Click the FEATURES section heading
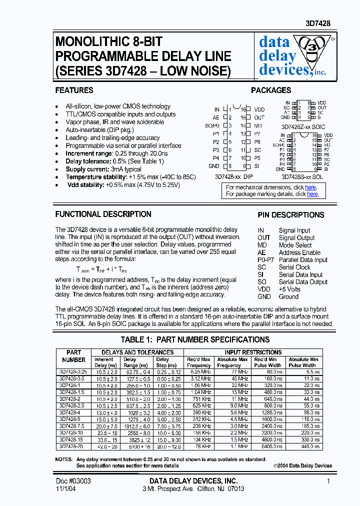[74, 90]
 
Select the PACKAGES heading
[271, 90]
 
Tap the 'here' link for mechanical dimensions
[310, 187]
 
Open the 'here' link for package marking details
[312, 194]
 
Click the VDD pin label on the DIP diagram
[259, 109]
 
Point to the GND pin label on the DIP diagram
[213, 166]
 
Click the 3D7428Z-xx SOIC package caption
[303, 127]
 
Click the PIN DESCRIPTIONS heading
[290, 215]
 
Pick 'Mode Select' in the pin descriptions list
[295, 245]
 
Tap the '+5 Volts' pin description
[289, 289]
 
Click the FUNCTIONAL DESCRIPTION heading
[103, 214]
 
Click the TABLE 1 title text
[195, 340]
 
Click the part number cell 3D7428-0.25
[73, 372]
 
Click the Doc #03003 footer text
[73, 480]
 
